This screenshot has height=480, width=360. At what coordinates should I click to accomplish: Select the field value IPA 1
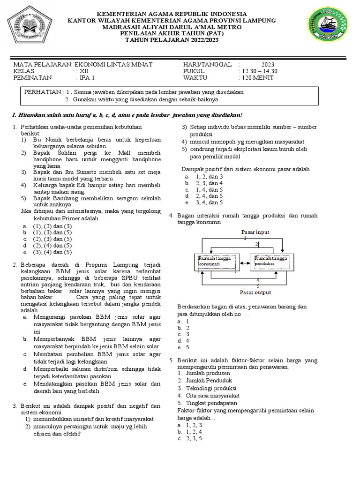pos(86,78)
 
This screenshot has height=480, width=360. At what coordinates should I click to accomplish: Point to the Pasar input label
pos(255,232)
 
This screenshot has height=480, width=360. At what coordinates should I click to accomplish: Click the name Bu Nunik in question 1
pos(45,140)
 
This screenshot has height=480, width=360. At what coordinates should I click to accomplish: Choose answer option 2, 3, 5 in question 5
pos(194,439)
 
